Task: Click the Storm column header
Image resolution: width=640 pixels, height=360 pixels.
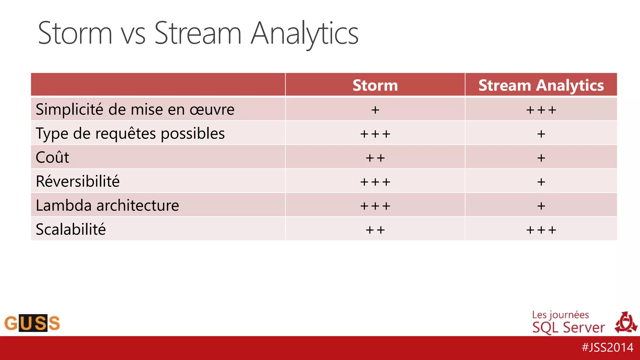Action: tap(375, 85)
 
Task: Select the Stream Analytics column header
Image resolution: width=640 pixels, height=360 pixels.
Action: tap(541, 85)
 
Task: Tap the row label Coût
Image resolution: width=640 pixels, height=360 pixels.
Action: tap(52, 157)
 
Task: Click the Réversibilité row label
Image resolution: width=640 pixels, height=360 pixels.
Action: tap(77, 181)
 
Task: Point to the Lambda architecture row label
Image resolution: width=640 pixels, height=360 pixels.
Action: tap(107, 205)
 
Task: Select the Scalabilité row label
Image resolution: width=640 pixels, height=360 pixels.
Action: tap(71, 229)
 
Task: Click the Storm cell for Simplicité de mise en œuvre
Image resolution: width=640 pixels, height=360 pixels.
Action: tap(375, 110)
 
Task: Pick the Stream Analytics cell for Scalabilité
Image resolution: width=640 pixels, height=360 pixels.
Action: tap(541, 230)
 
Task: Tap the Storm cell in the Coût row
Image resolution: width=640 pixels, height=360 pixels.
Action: tap(375, 158)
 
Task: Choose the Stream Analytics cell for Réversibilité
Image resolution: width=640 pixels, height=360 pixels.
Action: tap(541, 182)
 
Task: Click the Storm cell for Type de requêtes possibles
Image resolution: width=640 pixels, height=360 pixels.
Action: tap(375, 134)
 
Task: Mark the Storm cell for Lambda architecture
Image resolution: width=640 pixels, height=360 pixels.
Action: tap(375, 206)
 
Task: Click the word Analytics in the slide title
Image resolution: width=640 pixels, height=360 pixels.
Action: tap(305, 34)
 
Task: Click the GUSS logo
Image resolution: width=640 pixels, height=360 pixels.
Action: tap(32, 323)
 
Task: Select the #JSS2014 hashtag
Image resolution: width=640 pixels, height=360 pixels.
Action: tap(607, 347)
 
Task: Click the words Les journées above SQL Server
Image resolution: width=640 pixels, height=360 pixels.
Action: tap(560, 315)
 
